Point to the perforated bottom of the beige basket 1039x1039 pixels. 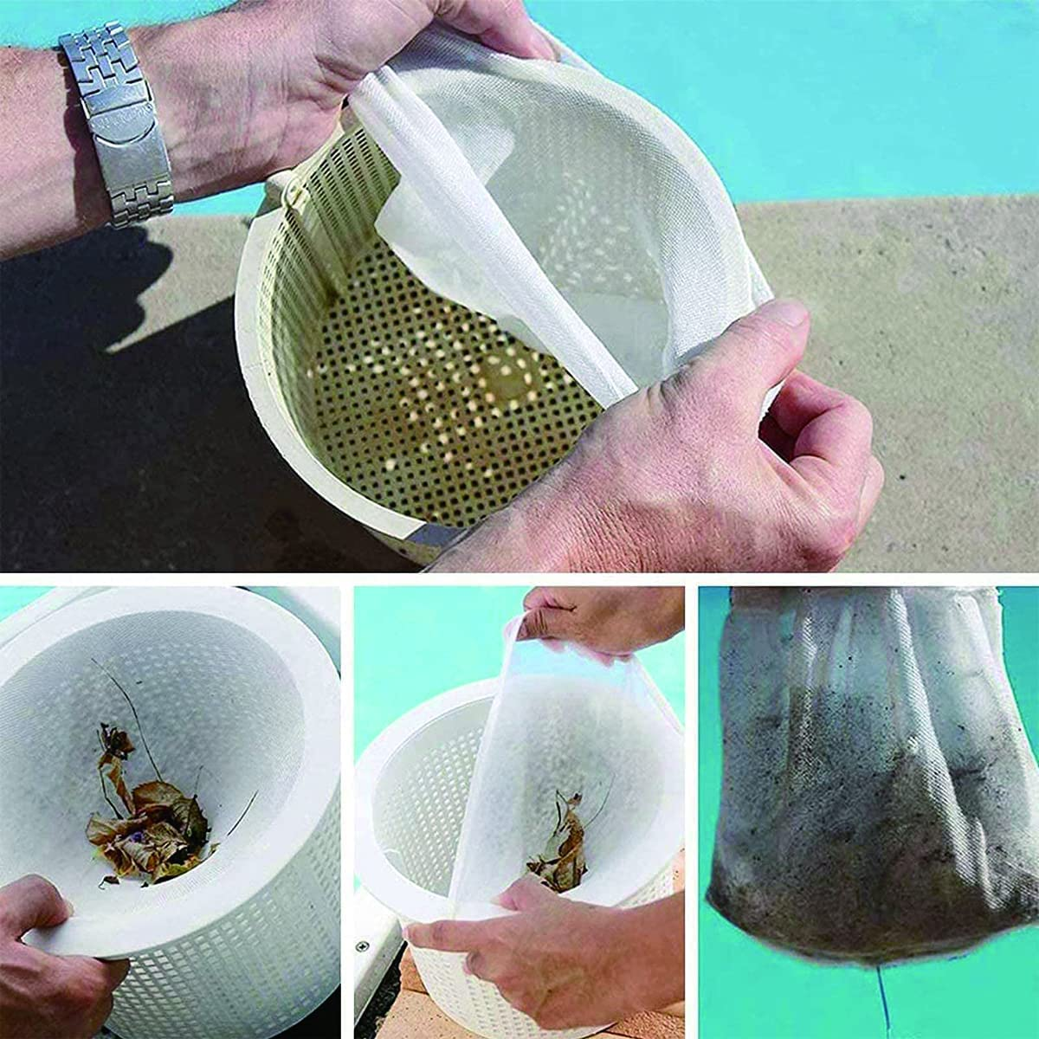click(x=450, y=407)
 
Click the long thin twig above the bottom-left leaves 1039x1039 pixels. click(x=130, y=701)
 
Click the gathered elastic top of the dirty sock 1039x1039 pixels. click(x=866, y=606)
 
